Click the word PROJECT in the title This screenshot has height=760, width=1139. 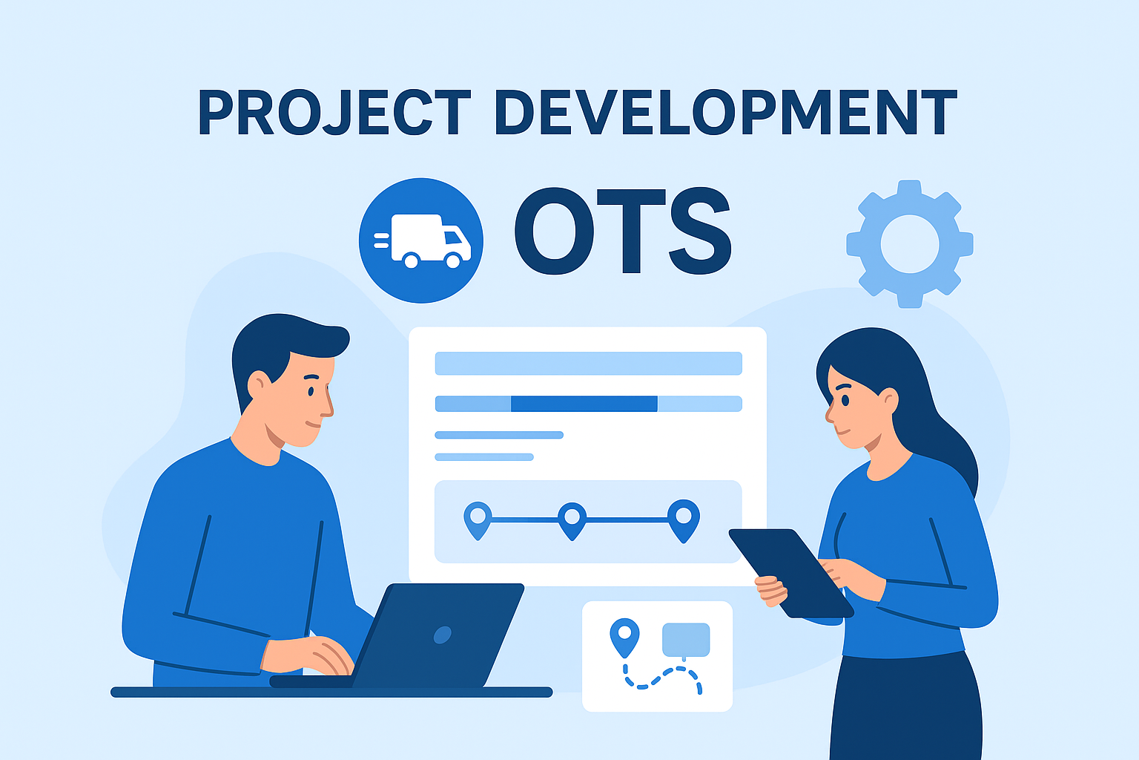click(x=334, y=114)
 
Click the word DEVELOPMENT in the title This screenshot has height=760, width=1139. click(x=725, y=114)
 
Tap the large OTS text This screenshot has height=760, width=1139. click(x=623, y=231)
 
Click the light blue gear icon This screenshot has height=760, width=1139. click(x=910, y=243)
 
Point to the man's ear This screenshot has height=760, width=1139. click(x=259, y=384)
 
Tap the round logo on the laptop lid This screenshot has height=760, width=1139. click(x=442, y=635)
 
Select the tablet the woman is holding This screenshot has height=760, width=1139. click(x=790, y=571)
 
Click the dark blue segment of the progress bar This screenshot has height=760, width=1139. click(x=584, y=404)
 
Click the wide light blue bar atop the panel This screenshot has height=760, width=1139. click(x=588, y=363)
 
